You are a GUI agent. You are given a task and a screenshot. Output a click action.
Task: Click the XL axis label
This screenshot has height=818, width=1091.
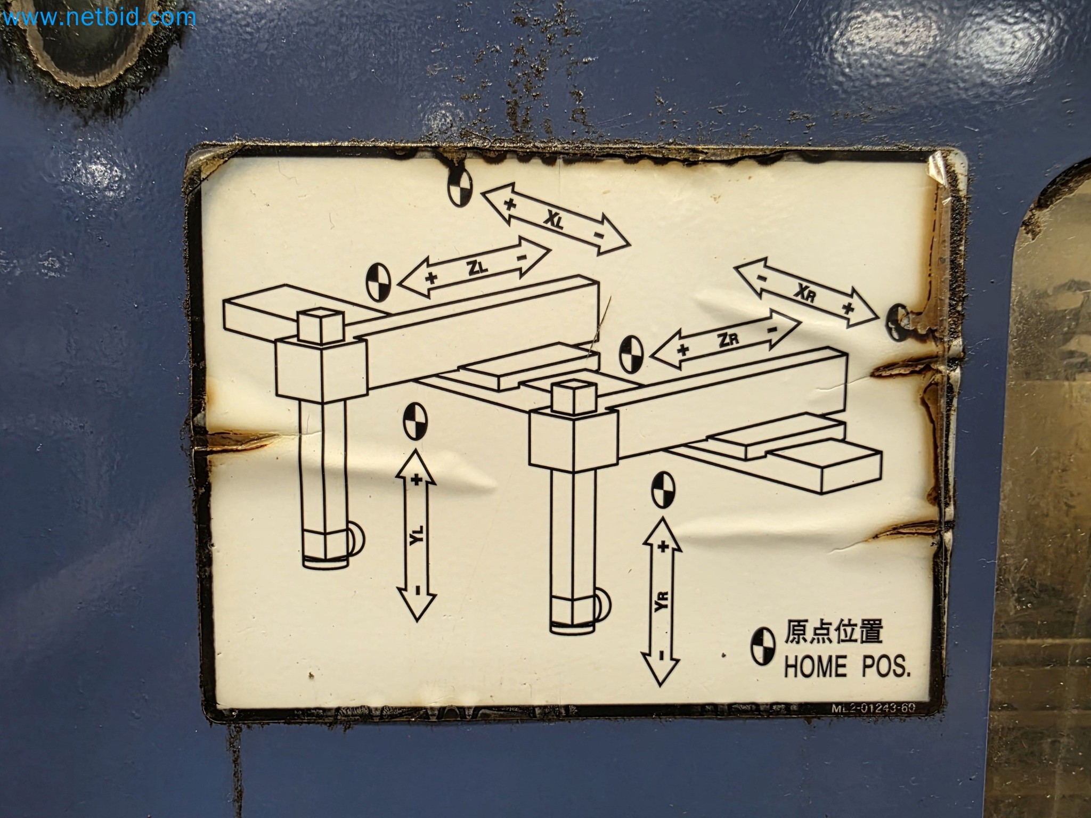(553, 219)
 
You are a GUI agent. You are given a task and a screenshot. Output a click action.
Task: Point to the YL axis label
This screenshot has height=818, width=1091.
(417, 535)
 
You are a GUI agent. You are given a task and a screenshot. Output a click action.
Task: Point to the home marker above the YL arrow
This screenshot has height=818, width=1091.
(415, 422)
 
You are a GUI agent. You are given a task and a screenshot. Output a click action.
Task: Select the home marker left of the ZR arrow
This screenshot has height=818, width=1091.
(632, 354)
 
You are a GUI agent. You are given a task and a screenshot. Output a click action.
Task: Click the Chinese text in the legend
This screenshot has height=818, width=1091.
(833, 634)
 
